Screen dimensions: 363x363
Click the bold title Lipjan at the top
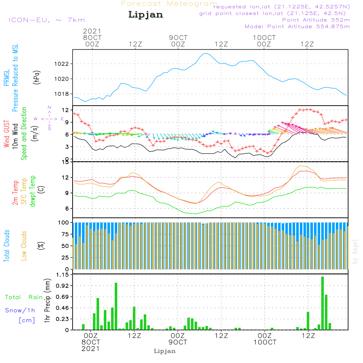click(x=145, y=15)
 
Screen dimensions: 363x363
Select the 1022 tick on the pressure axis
click(x=61, y=64)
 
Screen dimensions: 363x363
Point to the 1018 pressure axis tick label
click(x=61, y=94)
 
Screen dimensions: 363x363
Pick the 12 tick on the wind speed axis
click(x=65, y=110)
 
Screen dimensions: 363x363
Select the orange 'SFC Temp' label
click(x=24, y=191)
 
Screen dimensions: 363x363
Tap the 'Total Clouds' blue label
click(x=7, y=246)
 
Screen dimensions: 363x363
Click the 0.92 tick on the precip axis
click(x=61, y=286)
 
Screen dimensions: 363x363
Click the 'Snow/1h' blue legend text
click(x=20, y=311)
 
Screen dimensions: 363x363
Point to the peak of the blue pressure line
click(x=205, y=53)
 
